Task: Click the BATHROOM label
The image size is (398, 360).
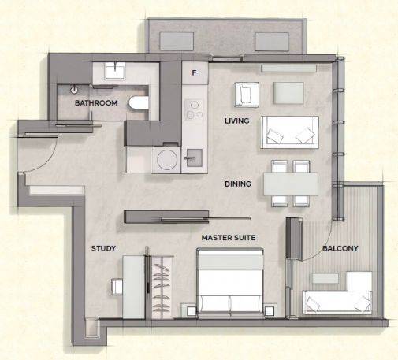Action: point(96,102)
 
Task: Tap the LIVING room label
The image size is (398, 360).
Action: point(237,121)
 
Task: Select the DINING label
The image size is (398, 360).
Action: point(238,184)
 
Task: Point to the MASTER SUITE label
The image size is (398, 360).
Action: point(229,238)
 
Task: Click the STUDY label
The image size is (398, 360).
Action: point(103,248)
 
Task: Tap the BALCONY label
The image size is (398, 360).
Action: point(340,248)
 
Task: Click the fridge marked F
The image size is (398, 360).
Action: point(195,72)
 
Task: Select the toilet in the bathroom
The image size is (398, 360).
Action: point(139,103)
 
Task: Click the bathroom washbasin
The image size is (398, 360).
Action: point(115,71)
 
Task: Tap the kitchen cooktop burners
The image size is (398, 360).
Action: point(194,109)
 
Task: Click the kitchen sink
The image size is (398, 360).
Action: point(194,158)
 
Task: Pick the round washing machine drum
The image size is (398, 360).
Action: point(167,160)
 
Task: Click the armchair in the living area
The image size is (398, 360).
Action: point(247,95)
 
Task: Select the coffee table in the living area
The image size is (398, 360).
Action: point(288,93)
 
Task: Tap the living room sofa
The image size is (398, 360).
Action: point(290,132)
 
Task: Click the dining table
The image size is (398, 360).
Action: point(291,184)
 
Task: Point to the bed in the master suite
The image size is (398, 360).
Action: point(230,282)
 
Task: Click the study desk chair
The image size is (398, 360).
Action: point(117,287)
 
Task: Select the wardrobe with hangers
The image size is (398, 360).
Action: point(162,288)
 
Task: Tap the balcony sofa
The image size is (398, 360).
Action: point(337,302)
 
